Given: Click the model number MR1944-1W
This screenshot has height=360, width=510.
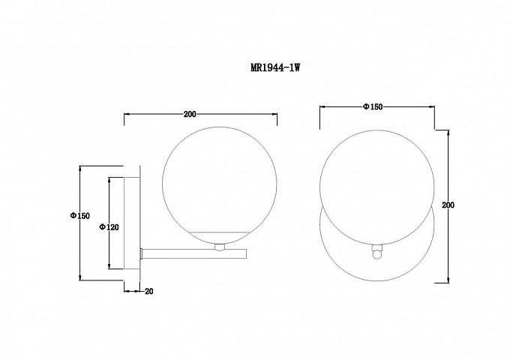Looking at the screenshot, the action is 275,67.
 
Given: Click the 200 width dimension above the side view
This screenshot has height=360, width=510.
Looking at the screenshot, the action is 190,114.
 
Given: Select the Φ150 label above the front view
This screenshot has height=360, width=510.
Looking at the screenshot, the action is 373,106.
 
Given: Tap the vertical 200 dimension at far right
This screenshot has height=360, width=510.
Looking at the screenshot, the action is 448,205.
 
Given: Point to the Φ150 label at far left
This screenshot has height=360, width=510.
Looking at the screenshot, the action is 79,215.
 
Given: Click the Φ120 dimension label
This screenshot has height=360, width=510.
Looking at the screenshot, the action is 109,227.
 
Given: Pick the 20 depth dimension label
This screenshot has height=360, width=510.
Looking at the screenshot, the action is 149,292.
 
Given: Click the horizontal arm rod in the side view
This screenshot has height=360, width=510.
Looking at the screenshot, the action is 194,254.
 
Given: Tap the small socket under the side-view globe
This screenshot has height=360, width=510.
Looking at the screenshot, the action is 220,247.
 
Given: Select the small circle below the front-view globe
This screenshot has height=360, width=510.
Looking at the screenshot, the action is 376,255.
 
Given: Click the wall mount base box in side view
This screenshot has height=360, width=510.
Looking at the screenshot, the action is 132,223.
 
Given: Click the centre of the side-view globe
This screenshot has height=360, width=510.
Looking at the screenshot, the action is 220,184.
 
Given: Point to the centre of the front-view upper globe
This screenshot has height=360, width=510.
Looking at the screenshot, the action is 377,187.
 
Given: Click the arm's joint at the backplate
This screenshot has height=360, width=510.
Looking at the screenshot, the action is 142,254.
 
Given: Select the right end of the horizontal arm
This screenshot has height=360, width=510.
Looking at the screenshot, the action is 247,254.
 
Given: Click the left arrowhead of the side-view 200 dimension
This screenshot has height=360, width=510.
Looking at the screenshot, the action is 127,114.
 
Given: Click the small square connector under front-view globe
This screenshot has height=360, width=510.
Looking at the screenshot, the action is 376,247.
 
